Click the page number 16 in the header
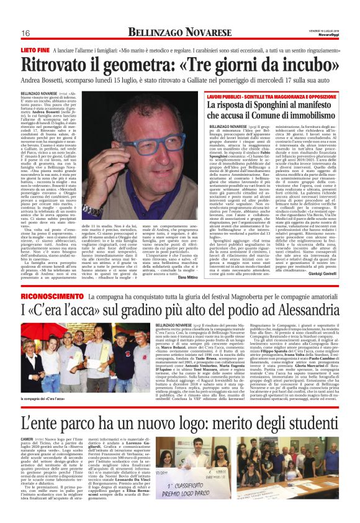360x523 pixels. pos(25,32)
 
